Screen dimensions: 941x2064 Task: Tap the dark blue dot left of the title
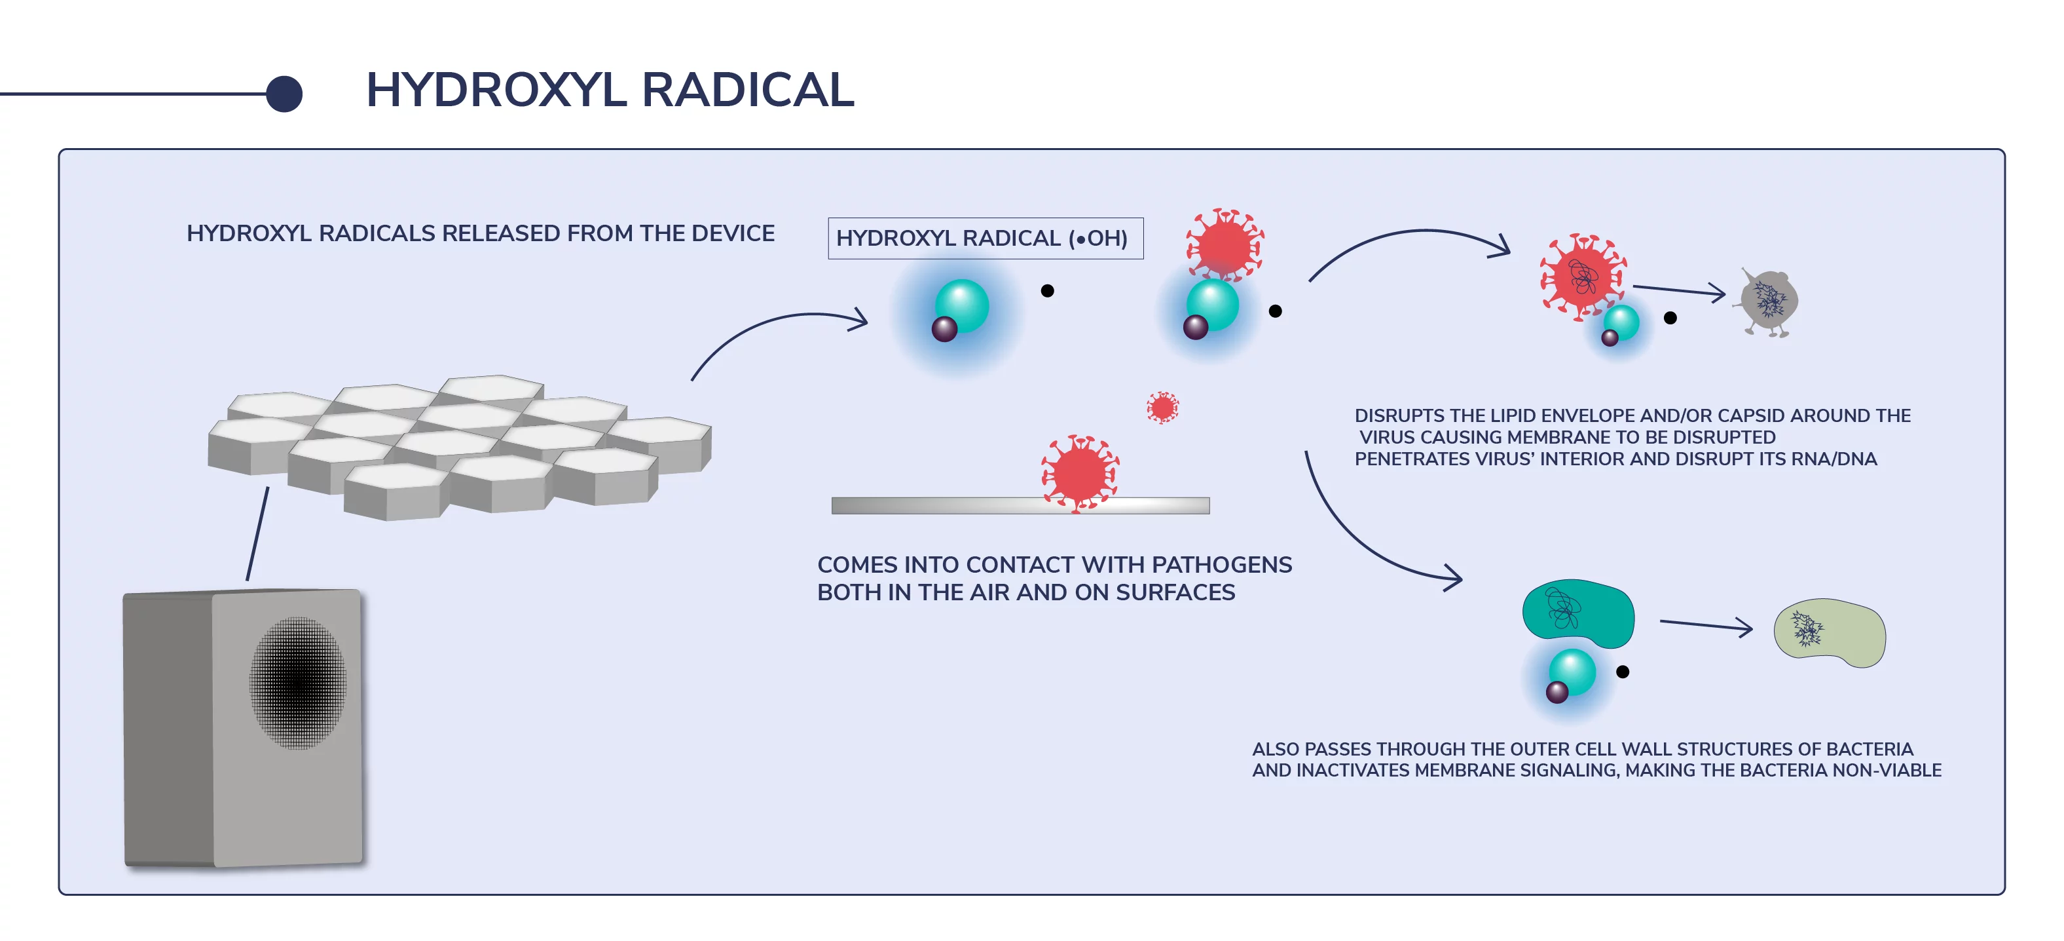[x=284, y=94]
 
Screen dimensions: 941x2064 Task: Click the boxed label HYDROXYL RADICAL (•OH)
[x=985, y=238]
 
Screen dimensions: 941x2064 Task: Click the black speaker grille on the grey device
[x=298, y=682]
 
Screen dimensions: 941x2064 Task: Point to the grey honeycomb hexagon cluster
[x=459, y=445]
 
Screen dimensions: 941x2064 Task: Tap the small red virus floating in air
[x=1162, y=407]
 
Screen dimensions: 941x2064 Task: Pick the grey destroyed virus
[x=1768, y=302]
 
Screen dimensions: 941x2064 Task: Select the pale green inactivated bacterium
[x=1831, y=632]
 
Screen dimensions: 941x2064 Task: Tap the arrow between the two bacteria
[x=1705, y=624]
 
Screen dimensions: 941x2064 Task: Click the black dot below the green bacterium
[x=1623, y=672]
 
